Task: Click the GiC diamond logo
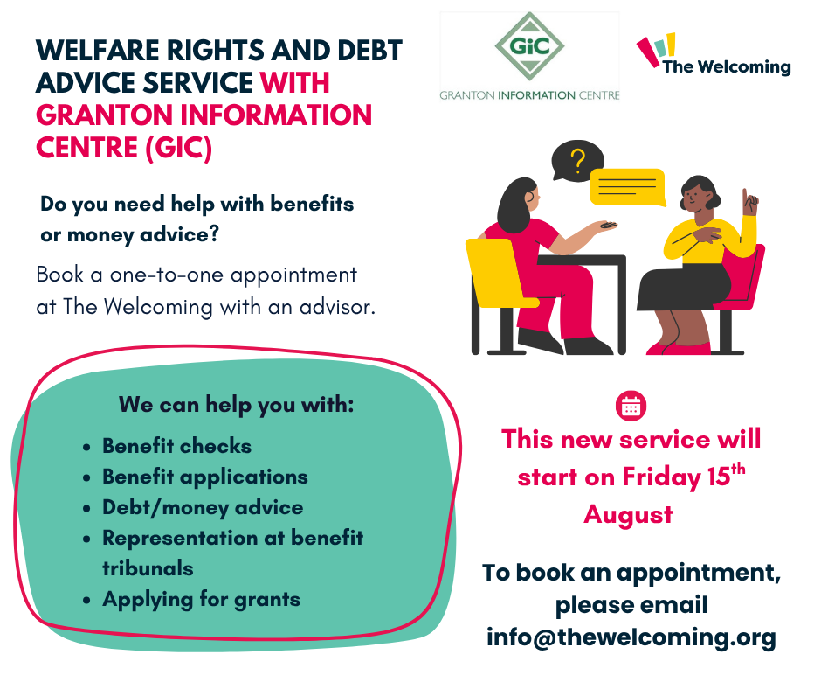pos(529,46)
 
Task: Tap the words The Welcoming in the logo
pos(727,67)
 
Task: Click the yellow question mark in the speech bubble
pos(577,161)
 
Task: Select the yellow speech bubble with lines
pos(628,187)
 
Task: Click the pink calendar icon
pos(631,406)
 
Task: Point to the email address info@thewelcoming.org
pos(631,637)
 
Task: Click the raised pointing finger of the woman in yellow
pos(744,196)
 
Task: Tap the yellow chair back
pos(495,270)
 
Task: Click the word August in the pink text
pos(628,515)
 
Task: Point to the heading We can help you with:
pos(236,405)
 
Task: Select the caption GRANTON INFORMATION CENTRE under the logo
pos(529,95)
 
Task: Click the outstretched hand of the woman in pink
pos(604,226)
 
